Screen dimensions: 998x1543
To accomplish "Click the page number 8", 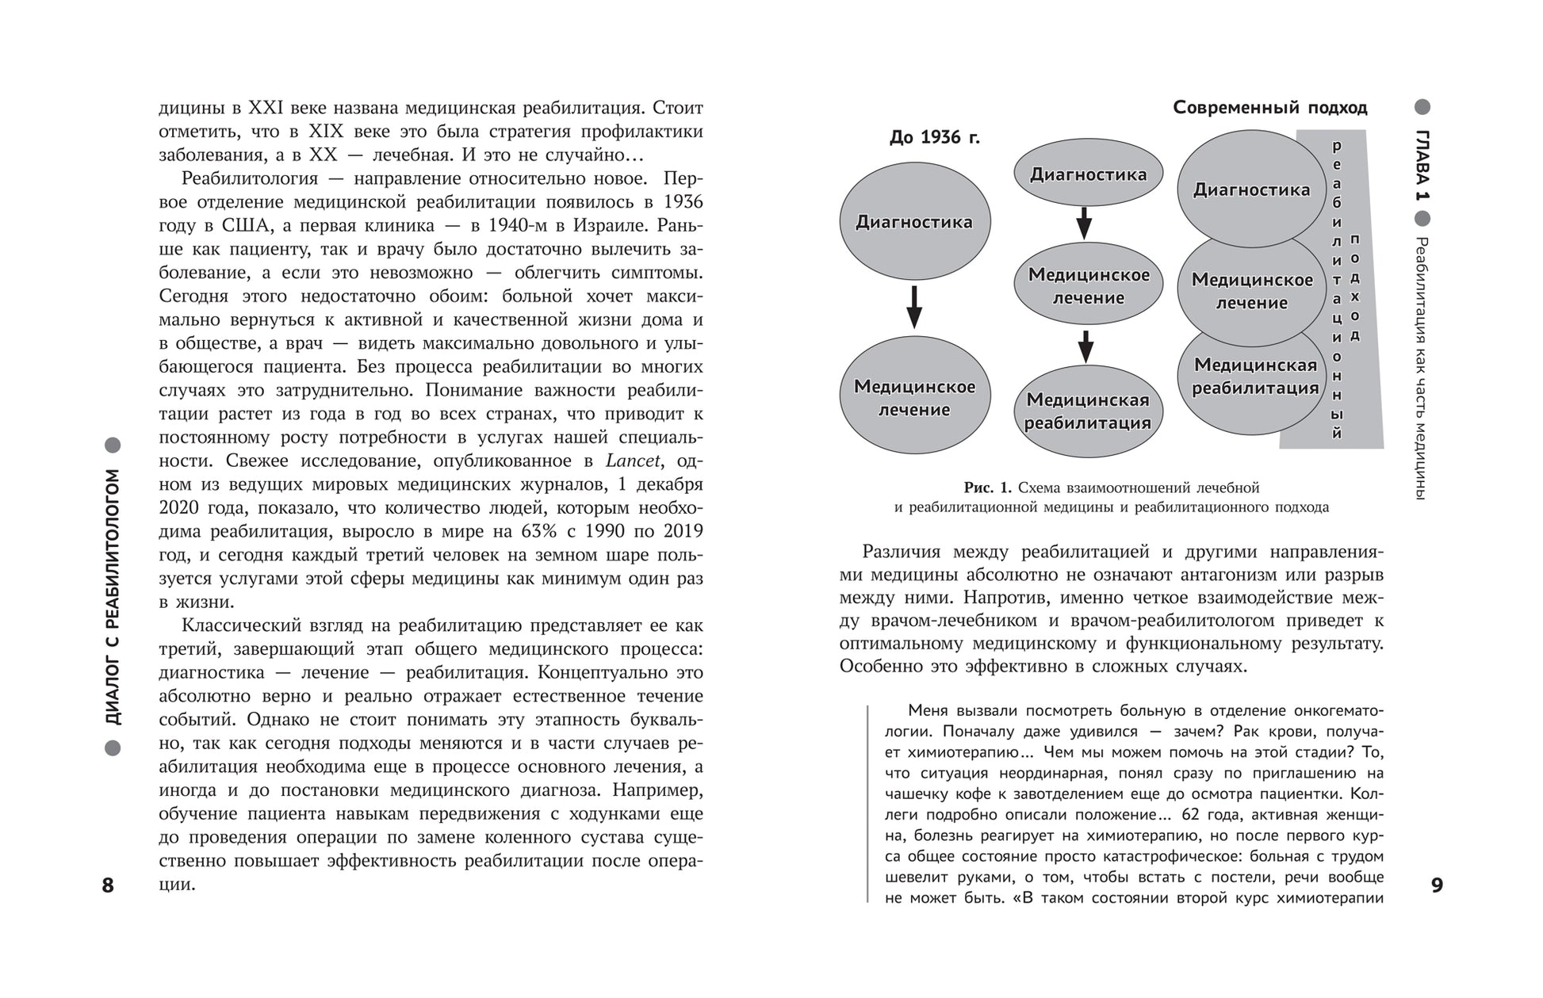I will click(x=108, y=885).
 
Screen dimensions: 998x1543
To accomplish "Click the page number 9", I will click(x=1437, y=885).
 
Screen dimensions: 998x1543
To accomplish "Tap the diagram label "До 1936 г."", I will click(x=934, y=138).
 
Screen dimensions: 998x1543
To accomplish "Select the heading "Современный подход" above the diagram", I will click(x=1270, y=107).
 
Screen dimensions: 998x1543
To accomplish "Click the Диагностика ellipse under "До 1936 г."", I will click(x=914, y=222).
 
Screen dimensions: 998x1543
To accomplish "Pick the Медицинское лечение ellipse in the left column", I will click(x=914, y=398).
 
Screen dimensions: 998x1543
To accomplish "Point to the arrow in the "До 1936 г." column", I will click(x=914, y=307).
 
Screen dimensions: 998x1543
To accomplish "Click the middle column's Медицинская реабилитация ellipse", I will click(x=1087, y=411).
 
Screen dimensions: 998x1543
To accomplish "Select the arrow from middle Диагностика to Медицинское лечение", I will click(x=1084, y=222).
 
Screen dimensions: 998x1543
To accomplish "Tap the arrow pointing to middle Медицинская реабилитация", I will click(x=1086, y=346).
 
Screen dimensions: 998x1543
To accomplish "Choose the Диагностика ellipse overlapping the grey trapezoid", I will click(x=1251, y=190).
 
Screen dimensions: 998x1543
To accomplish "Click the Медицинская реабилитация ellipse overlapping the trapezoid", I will click(x=1254, y=377).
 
